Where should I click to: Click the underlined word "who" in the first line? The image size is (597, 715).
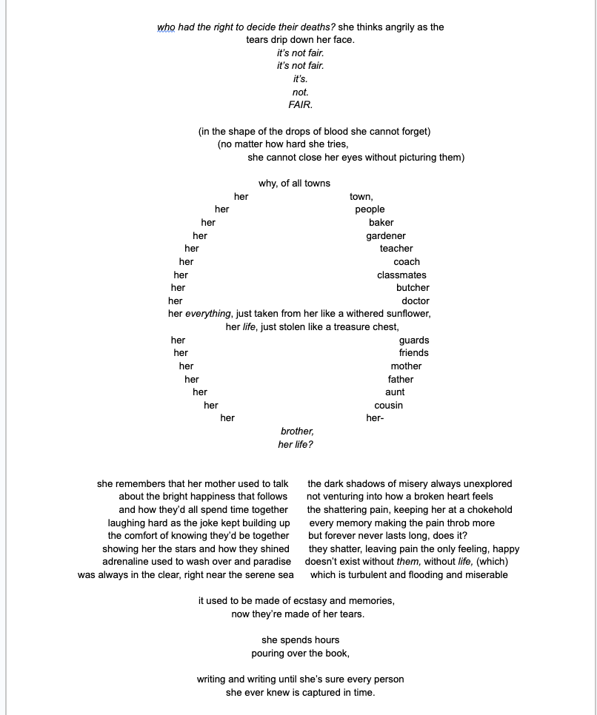[165, 27]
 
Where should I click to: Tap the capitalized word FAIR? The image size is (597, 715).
[300, 105]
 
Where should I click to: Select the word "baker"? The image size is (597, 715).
[381, 222]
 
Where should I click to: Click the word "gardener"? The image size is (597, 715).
[386, 235]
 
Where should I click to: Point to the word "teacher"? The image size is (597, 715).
[396, 249]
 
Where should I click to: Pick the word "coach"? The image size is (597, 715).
[407, 262]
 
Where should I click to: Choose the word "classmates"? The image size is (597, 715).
[401, 275]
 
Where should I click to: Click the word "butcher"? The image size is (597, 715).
[413, 288]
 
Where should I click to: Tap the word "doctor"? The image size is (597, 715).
[416, 301]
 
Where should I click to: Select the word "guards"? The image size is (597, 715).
[414, 340]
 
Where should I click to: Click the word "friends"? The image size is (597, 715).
[413, 353]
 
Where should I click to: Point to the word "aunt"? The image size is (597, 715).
[395, 392]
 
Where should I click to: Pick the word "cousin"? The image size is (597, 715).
[389, 406]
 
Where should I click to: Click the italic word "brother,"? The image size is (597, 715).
[297, 432]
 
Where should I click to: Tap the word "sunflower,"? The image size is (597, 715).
[407, 314]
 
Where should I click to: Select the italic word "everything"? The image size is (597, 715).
[208, 314]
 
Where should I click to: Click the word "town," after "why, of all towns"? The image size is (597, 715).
[361, 197]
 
